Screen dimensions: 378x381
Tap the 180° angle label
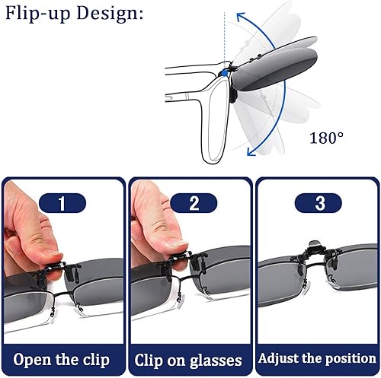point(326,138)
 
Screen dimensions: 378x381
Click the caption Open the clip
point(62,360)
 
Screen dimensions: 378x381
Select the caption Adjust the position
point(316,360)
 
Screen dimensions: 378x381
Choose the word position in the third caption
point(350,360)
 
